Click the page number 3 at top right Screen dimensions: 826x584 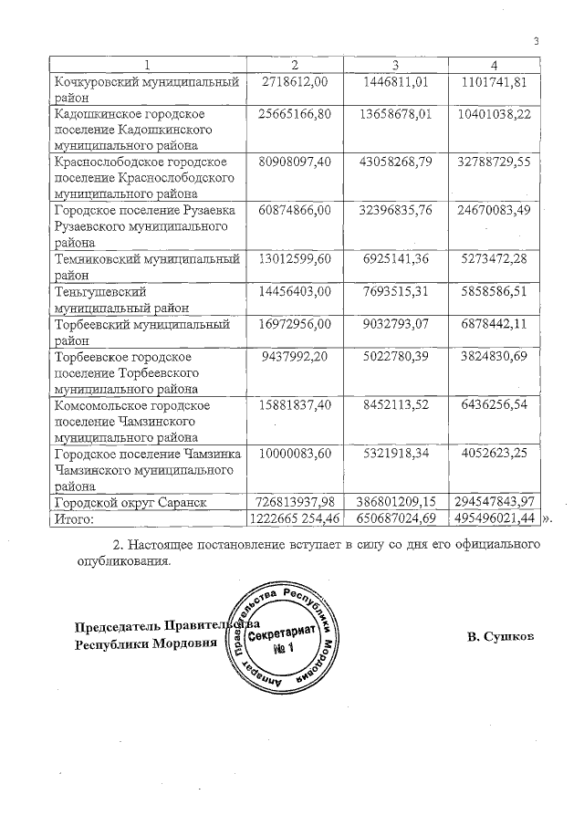[537, 40]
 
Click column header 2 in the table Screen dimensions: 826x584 [294, 65]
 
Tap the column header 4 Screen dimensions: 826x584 [494, 65]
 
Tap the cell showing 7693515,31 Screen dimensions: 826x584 [395, 291]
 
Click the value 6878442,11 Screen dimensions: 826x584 [496, 323]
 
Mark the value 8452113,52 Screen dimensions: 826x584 [395, 404]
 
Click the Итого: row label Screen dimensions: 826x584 [76, 518]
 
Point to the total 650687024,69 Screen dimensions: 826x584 [395, 518]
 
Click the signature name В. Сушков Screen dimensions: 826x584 [500, 634]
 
